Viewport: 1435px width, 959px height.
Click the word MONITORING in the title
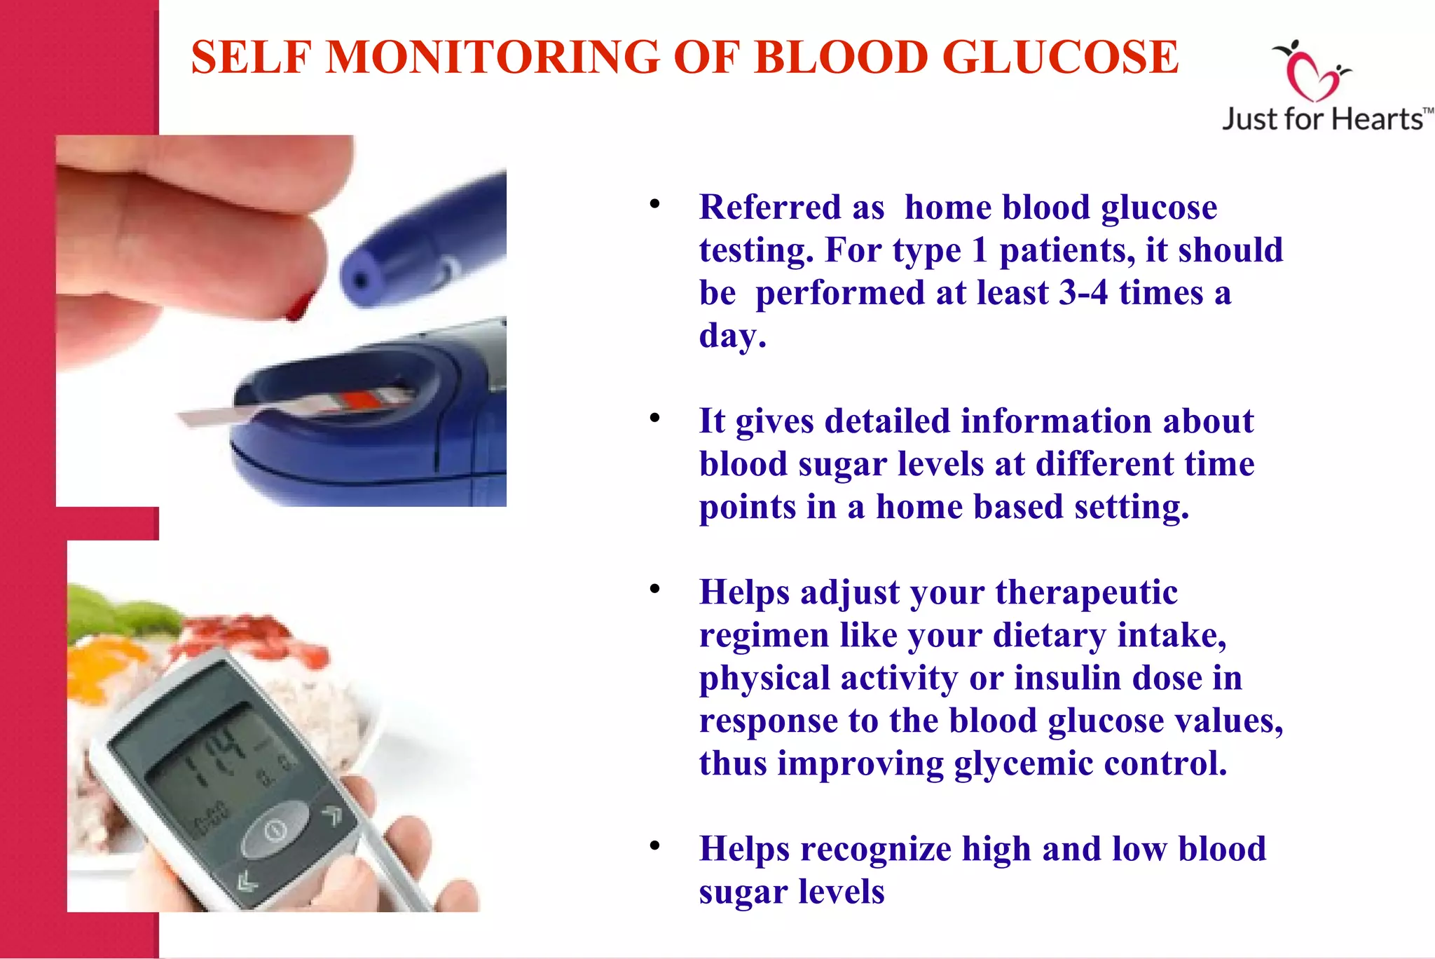(x=493, y=57)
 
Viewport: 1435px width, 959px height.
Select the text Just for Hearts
(x=1323, y=119)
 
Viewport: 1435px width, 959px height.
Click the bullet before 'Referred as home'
(x=654, y=204)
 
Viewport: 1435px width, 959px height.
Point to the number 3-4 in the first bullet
(x=1083, y=292)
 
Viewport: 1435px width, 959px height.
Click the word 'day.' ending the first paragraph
(x=732, y=335)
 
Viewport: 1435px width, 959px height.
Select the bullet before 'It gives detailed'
(x=654, y=419)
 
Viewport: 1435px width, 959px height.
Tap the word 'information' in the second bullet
(x=1056, y=421)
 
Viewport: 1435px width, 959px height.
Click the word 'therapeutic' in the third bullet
(x=1086, y=592)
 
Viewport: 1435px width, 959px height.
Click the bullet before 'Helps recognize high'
(x=654, y=846)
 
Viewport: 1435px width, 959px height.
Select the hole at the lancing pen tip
(x=360, y=282)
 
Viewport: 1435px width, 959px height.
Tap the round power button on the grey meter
(x=275, y=830)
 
